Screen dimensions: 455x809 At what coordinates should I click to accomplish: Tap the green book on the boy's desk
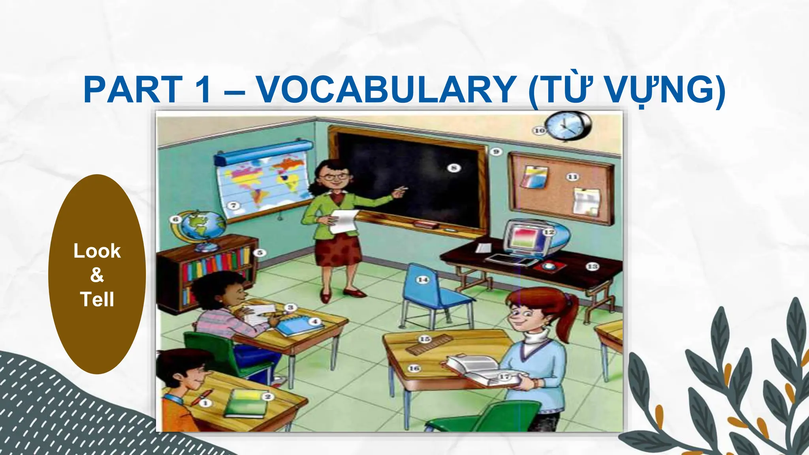click(246, 402)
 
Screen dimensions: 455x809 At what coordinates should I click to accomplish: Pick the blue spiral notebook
click(294, 326)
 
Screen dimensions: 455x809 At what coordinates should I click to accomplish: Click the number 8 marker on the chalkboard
click(454, 168)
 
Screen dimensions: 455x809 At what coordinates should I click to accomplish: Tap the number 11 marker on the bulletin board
click(572, 177)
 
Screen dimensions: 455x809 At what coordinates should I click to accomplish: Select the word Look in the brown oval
click(97, 251)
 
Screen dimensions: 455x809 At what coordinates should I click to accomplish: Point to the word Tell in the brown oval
click(97, 299)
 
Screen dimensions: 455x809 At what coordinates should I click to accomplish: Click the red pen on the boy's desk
click(201, 397)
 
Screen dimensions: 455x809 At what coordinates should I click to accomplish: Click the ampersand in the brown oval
click(97, 275)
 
